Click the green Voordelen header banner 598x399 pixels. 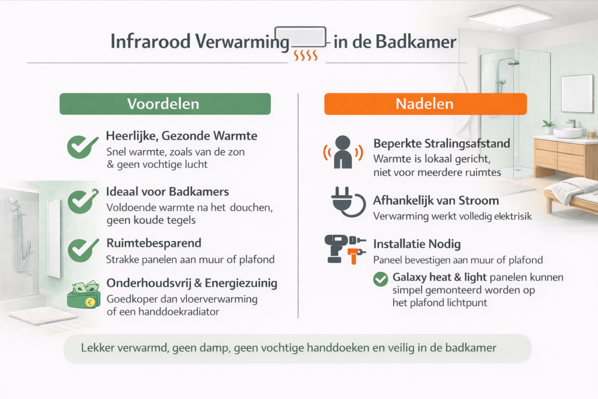(x=165, y=104)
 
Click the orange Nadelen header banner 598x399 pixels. (x=425, y=104)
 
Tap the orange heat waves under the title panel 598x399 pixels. (x=305, y=55)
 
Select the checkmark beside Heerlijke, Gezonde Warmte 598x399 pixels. (x=82, y=147)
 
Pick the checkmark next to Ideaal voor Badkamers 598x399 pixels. (x=82, y=200)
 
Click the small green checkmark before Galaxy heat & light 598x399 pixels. (x=381, y=279)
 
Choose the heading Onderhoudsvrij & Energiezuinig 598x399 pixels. (x=192, y=283)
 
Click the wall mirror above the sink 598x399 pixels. (x=576, y=93)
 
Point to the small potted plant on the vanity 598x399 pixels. (x=548, y=126)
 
